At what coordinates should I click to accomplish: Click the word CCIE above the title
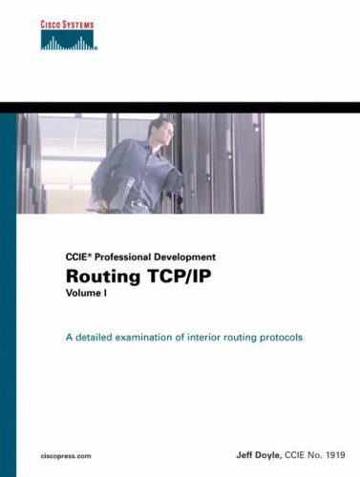[x=78, y=257]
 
